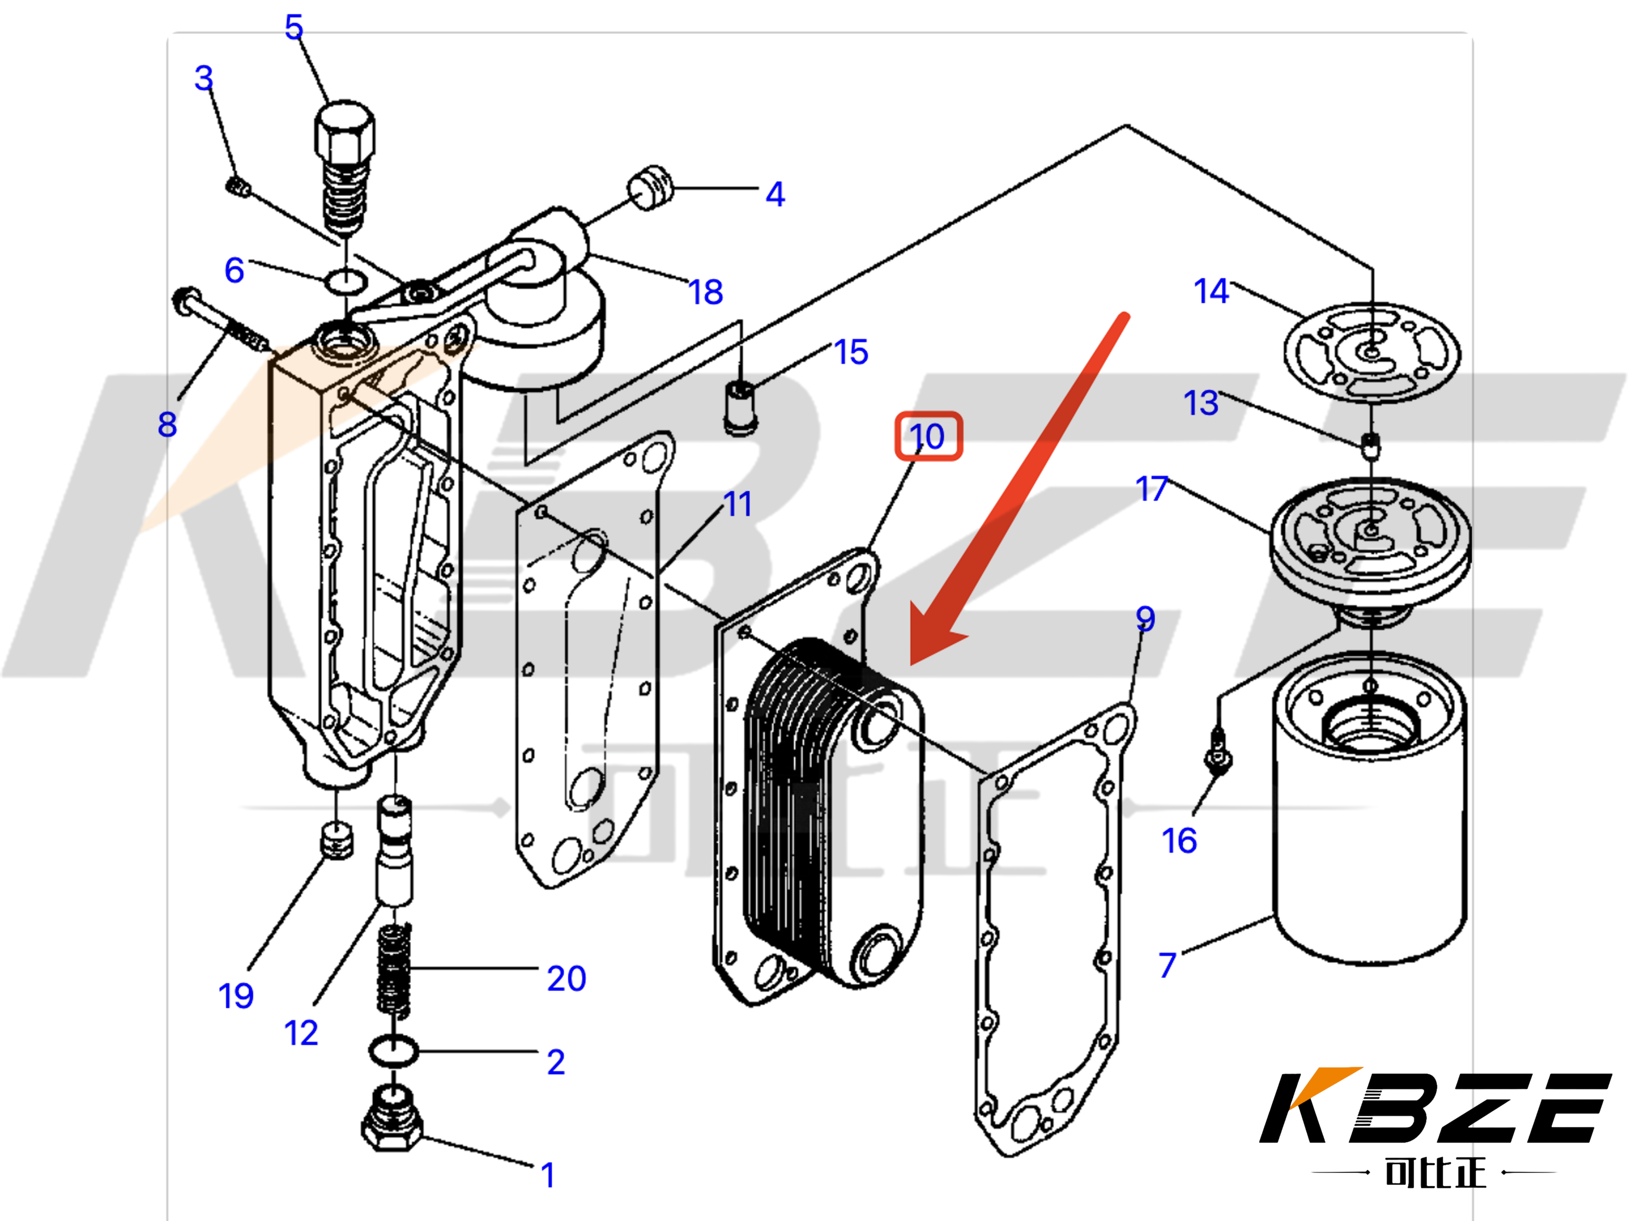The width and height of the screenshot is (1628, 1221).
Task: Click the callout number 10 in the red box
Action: [927, 436]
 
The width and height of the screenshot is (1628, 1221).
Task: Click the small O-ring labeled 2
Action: [393, 1051]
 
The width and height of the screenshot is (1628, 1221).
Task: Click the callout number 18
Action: [705, 292]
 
